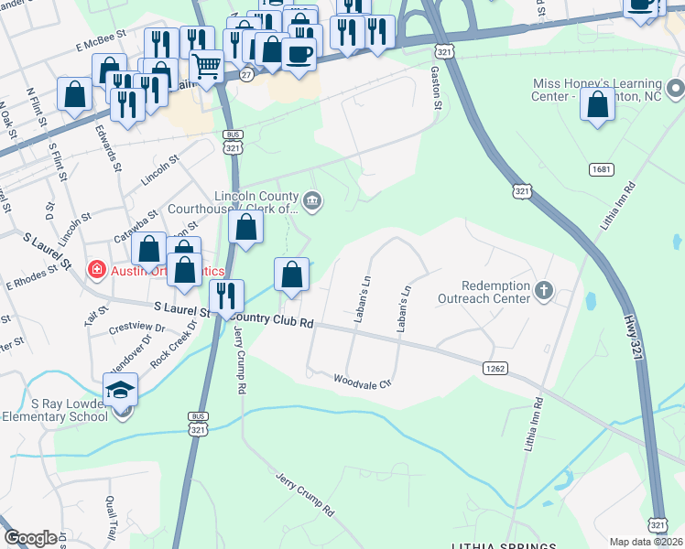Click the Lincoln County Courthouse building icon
point(312,202)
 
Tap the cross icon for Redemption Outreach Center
point(544,291)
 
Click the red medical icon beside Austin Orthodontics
point(95,270)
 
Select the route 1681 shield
point(602,169)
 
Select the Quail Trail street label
point(111,517)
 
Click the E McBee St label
point(100,43)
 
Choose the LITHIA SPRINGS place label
point(503,545)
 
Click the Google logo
point(30,539)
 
